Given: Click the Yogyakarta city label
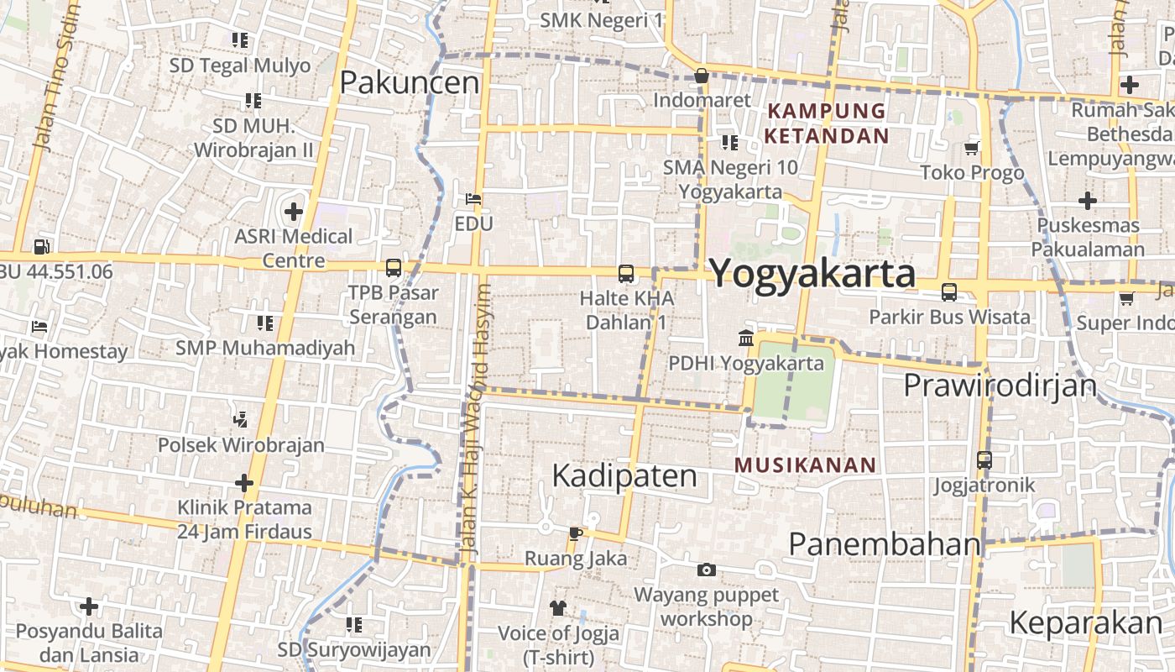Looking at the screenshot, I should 812,274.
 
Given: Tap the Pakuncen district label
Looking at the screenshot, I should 410,82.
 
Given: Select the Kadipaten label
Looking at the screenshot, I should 624,475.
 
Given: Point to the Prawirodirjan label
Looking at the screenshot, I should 1000,385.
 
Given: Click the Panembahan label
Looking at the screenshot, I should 885,543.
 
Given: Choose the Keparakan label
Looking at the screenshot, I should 1085,622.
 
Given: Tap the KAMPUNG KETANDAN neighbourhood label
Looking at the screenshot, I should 827,123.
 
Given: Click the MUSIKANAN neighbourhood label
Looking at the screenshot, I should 806,465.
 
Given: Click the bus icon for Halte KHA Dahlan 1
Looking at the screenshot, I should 626,273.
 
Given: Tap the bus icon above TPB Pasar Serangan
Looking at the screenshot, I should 393,268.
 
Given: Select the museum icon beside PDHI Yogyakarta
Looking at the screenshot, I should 745,339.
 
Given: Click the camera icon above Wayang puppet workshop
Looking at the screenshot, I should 707,570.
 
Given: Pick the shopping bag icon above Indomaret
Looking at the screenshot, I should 702,76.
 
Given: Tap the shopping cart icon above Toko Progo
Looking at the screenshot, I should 972,148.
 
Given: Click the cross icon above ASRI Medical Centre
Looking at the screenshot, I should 293,212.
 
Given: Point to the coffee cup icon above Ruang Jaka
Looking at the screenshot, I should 575,533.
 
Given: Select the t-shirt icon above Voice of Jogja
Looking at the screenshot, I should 558,606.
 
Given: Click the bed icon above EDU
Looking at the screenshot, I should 473,199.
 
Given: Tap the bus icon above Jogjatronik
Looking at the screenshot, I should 984,460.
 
